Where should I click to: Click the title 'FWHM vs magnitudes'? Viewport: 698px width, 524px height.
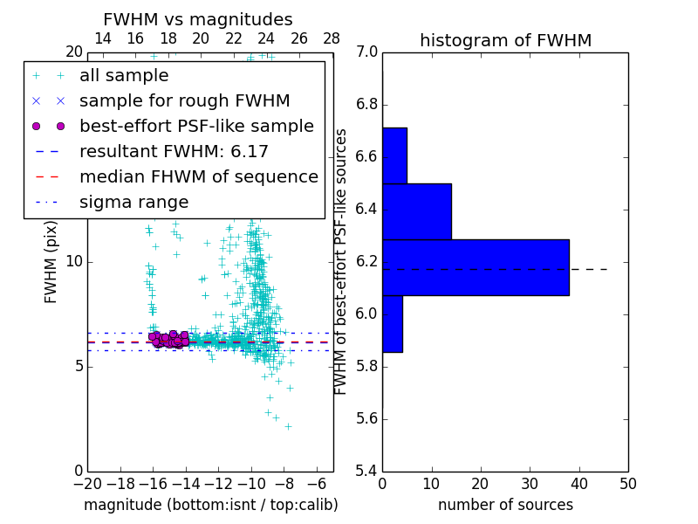click(198, 20)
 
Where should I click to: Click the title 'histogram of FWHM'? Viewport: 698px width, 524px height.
click(505, 41)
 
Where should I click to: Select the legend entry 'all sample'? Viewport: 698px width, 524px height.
click(124, 76)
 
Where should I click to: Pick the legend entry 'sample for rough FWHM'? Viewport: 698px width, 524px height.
click(184, 101)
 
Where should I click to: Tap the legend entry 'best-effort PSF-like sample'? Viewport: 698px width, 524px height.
click(196, 127)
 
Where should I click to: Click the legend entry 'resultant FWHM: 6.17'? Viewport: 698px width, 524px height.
click(174, 152)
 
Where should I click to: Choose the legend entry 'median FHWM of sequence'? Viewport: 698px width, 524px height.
click(198, 177)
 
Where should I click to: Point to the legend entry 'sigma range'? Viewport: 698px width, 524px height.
click(133, 203)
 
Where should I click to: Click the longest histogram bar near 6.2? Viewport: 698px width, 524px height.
click(476, 267)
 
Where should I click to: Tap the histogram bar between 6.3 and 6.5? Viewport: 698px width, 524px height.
click(416, 211)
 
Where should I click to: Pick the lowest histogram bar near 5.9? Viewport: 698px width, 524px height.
click(392, 324)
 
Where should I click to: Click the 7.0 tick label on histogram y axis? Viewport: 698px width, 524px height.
click(367, 52)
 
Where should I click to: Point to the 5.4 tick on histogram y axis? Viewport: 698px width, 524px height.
click(367, 471)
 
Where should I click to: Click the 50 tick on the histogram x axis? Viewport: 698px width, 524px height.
click(627, 484)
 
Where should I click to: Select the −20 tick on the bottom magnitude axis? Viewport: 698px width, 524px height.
click(87, 484)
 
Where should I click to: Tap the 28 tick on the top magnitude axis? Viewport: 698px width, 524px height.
click(332, 38)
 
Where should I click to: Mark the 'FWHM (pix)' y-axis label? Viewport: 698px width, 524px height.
click(51, 262)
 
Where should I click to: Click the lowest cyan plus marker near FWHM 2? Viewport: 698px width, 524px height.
click(288, 426)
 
